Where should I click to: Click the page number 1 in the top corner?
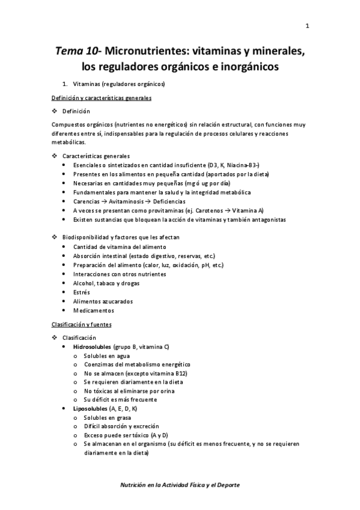[x=307, y=25]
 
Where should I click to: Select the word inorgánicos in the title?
[x=245, y=67]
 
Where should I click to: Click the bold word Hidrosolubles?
[x=92, y=347]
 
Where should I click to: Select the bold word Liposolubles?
[x=90, y=409]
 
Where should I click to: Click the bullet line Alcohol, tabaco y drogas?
[x=102, y=283]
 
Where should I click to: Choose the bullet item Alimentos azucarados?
[x=103, y=301]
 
